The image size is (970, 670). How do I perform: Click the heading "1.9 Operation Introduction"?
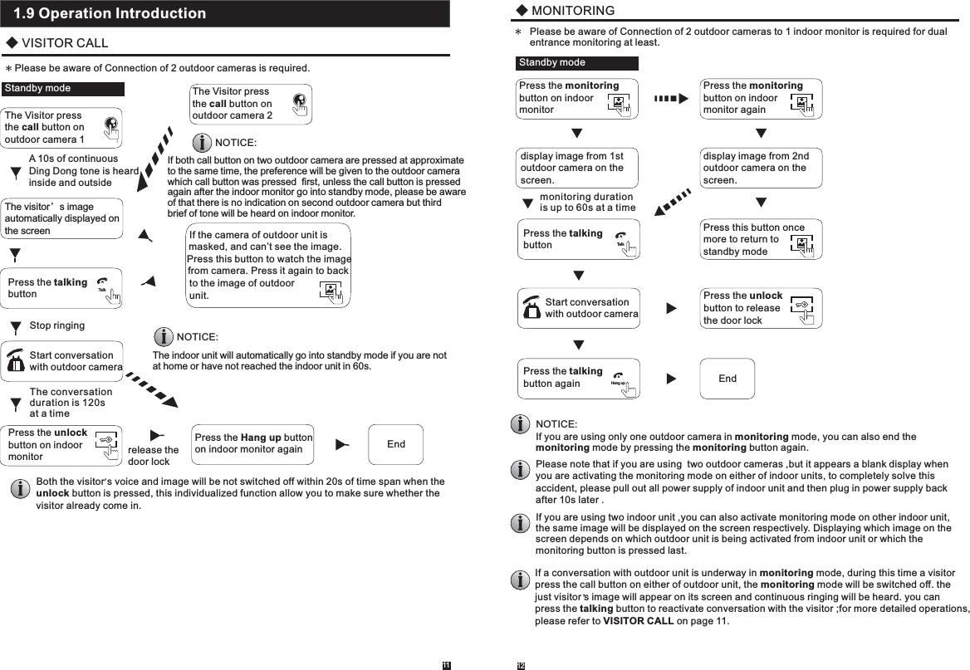point(110,14)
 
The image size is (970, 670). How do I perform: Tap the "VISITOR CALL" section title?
point(64,43)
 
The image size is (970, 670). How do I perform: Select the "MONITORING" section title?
point(572,11)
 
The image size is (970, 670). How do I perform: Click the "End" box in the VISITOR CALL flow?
point(396,444)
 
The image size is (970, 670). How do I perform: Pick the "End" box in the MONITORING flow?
point(727,379)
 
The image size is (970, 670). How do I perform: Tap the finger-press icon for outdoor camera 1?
point(111,127)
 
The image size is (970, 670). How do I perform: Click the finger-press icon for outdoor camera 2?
point(300,102)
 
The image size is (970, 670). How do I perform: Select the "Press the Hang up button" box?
point(252,444)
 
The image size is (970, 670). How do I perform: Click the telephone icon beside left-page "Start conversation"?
point(15,361)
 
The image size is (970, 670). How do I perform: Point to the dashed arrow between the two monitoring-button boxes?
point(671,98)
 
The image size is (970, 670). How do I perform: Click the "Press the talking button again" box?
point(578,378)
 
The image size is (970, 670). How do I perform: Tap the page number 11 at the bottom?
point(446,665)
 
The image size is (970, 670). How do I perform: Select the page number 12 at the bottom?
point(522,665)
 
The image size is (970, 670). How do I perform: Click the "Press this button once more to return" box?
point(762,239)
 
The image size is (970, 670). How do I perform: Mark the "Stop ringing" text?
point(56,325)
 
